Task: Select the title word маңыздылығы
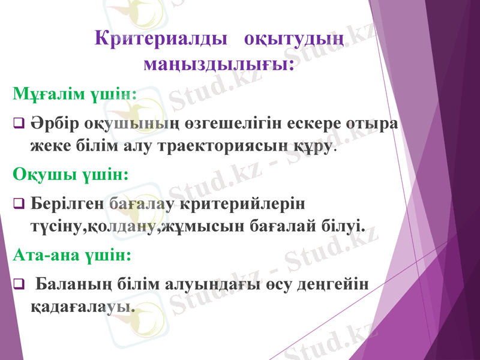(x=219, y=62)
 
